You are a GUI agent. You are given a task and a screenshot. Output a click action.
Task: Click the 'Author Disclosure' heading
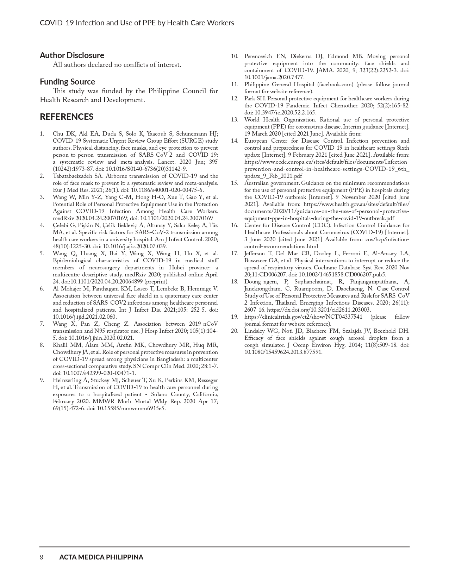[x=72, y=55]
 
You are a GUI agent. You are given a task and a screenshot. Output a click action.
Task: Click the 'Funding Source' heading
[x=67, y=82]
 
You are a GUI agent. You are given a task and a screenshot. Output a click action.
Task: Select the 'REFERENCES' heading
[x=67, y=117]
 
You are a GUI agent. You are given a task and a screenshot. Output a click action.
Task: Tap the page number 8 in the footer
[x=42, y=557]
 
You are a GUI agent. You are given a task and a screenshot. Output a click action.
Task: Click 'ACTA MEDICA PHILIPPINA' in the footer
[x=101, y=557]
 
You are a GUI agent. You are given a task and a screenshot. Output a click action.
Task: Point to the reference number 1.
[x=42, y=134]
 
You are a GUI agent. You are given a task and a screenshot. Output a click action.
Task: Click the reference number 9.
[x=42, y=380]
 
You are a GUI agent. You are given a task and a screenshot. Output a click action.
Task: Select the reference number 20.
[x=234, y=331]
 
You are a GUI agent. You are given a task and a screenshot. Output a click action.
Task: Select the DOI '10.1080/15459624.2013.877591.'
[x=283, y=352]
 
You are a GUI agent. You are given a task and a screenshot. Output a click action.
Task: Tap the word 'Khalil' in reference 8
[x=60, y=345]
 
